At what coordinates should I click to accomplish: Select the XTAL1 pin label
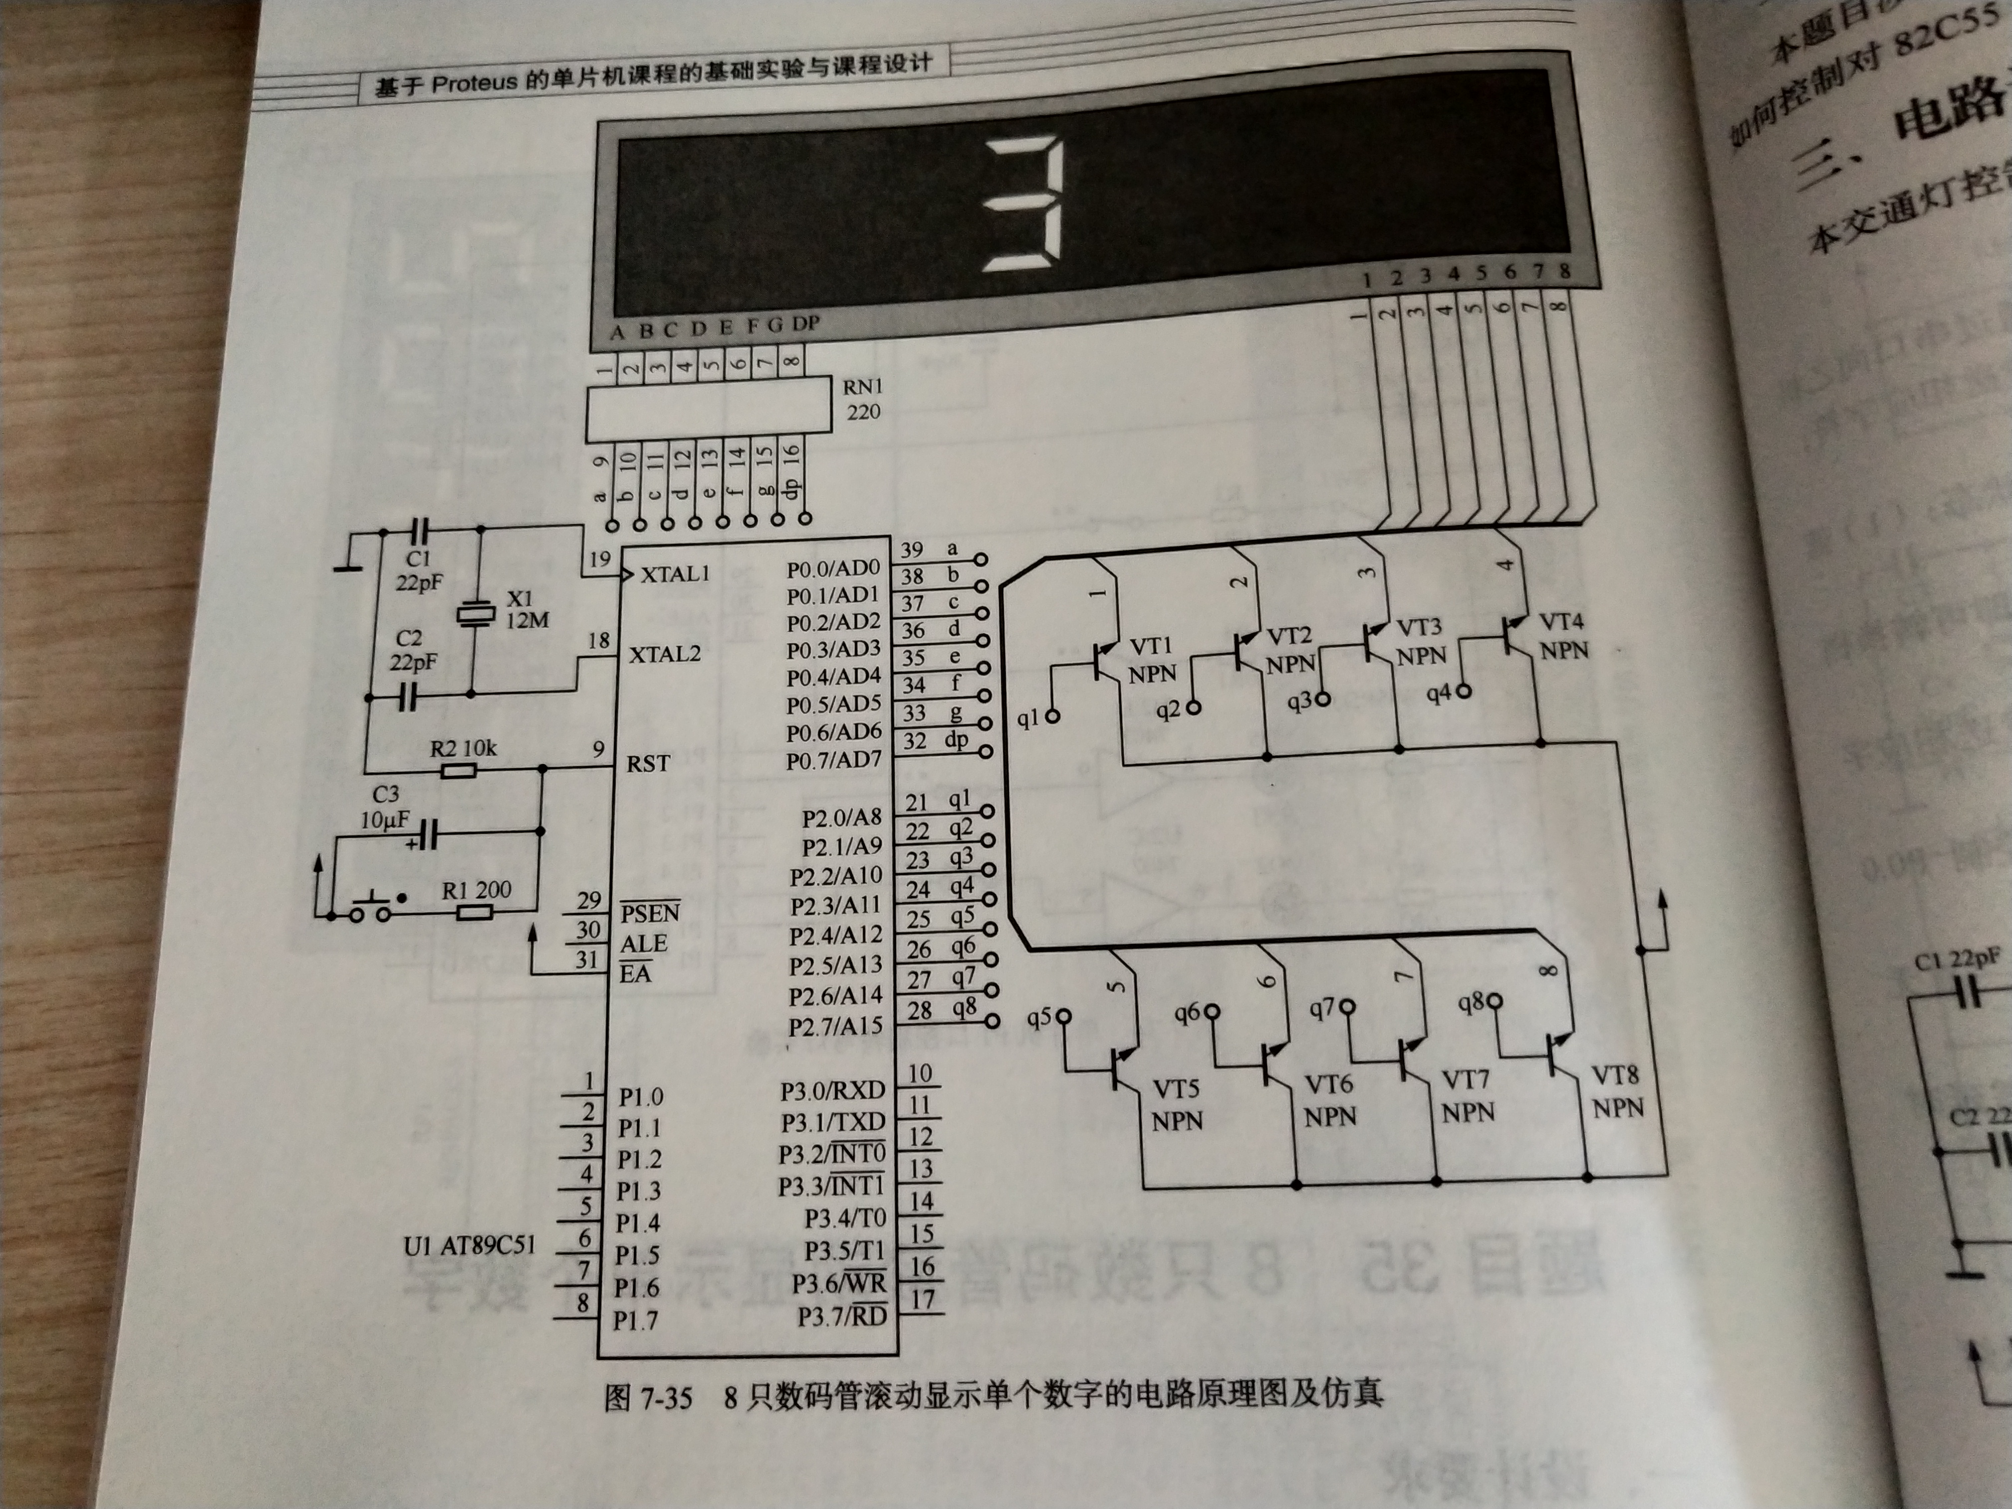click(x=674, y=574)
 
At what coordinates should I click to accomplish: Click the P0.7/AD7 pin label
click(x=833, y=759)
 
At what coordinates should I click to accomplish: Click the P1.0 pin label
click(x=640, y=1097)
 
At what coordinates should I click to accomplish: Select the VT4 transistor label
click(x=1561, y=622)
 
